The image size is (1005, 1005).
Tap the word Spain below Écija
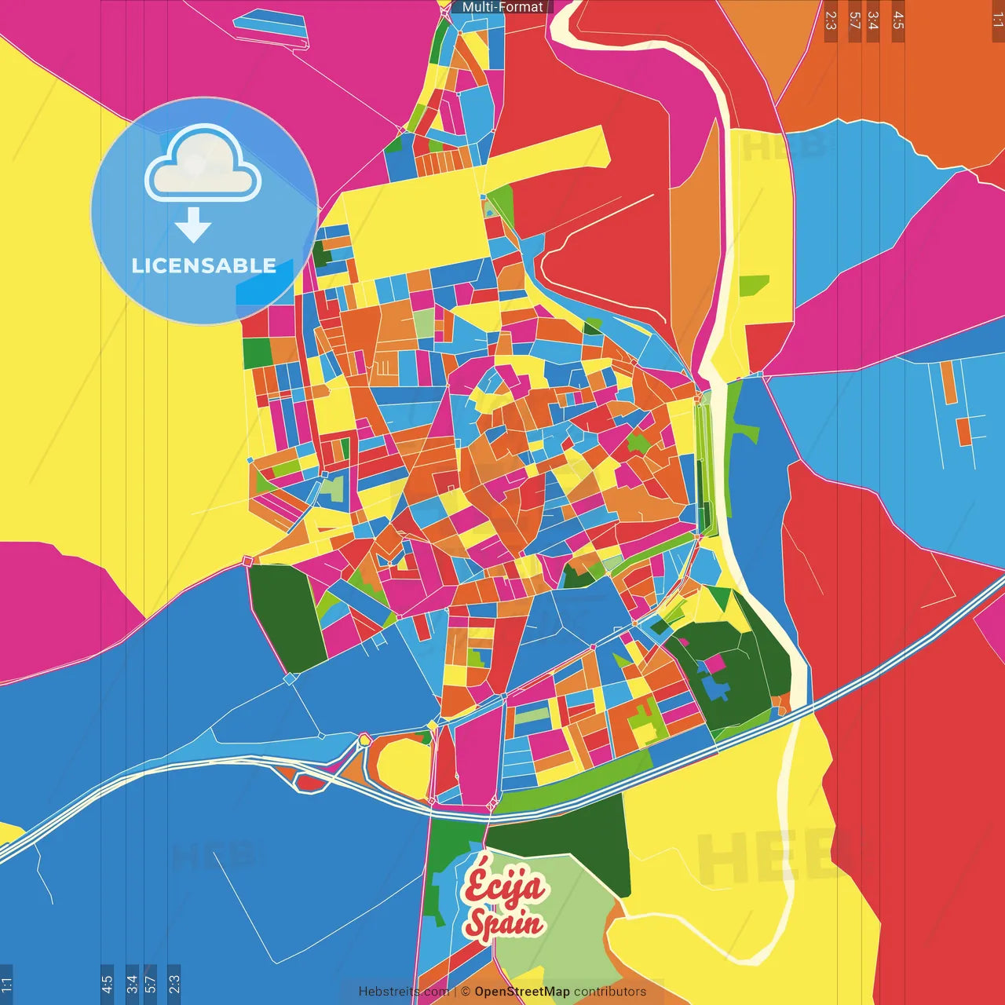503,923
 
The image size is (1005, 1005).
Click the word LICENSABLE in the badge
204,265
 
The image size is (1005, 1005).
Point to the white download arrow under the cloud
193,225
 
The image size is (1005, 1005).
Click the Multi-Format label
502,7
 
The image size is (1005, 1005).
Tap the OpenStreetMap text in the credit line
522,992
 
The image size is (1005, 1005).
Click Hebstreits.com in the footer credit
404,992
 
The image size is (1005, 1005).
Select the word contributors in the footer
610,992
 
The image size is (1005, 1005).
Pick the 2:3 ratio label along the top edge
831,20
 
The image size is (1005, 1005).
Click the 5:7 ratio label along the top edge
854,20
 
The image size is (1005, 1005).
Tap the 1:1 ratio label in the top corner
997,20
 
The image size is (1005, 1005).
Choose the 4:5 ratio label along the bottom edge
107,985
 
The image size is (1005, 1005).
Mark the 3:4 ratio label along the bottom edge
132,985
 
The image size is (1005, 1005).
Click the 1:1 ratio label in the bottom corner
6,985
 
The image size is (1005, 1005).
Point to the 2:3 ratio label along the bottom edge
174,985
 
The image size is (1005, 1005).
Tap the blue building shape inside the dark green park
715,689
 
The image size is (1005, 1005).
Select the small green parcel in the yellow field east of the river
753,285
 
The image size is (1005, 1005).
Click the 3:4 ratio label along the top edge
873,20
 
